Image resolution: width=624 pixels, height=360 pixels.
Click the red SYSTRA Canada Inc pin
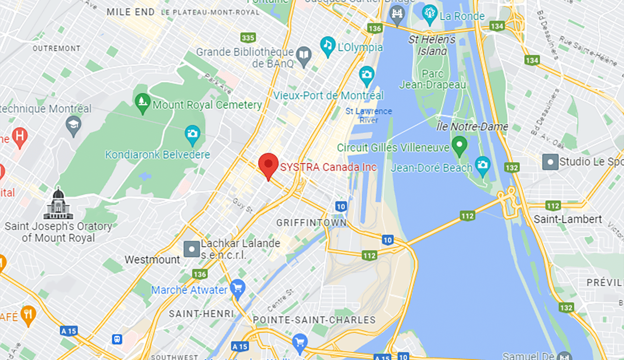click(268, 165)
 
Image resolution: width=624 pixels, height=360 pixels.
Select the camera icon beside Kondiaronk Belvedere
click(192, 133)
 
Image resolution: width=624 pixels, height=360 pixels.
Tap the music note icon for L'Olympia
click(328, 45)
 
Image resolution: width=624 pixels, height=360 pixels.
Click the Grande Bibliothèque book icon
click(303, 57)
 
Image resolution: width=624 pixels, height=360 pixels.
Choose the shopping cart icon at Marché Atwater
click(238, 288)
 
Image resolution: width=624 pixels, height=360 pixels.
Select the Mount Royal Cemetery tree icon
click(142, 103)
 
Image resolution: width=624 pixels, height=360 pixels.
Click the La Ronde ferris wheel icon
click(430, 12)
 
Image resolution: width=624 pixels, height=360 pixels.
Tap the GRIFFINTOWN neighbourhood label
click(311, 223)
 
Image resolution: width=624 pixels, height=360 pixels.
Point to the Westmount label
click(152, 260)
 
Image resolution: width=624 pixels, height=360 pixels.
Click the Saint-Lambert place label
click(568, 219)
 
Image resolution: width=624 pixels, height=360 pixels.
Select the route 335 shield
click(248, 37)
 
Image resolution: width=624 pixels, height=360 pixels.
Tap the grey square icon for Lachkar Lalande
click(192, 249)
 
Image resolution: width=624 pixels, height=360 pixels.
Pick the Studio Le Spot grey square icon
click(550, 162)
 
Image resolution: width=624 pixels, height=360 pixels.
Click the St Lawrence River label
click(369, 116)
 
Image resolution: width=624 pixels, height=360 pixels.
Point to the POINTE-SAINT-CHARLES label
click(314, 320)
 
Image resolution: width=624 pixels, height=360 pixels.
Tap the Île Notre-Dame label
click(472, 127)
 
